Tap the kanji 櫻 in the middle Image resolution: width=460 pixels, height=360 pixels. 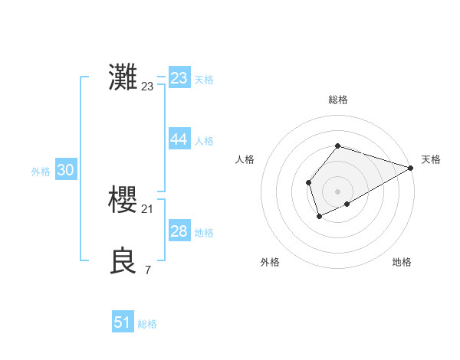[124, 200]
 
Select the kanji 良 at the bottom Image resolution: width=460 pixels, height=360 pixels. [124, 261]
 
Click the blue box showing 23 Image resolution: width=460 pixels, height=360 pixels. [179, 78]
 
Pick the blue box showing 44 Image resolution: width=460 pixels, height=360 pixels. [179, 139]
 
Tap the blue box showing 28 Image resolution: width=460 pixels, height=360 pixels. [179, 231]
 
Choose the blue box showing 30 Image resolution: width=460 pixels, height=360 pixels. [66, 170]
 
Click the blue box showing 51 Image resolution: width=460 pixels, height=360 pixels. [123, 322]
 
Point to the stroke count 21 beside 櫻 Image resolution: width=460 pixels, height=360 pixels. [148, 209]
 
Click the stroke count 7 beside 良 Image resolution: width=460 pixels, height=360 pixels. [148, 270]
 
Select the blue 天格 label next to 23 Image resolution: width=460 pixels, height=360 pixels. [204, 80]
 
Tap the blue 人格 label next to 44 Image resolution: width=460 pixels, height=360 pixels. [204, 141]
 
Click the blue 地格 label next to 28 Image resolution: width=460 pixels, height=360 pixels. [204, 233]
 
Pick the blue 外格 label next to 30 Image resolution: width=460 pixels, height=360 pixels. [41, 172]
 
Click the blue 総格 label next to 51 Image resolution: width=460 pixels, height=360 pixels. [147, 324]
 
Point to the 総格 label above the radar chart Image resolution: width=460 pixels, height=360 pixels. [337, 100]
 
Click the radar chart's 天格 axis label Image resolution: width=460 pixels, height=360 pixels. [432, 159]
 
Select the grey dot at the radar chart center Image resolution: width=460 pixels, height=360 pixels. [337, 191]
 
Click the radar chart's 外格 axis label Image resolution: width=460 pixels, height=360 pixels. [270, 262]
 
